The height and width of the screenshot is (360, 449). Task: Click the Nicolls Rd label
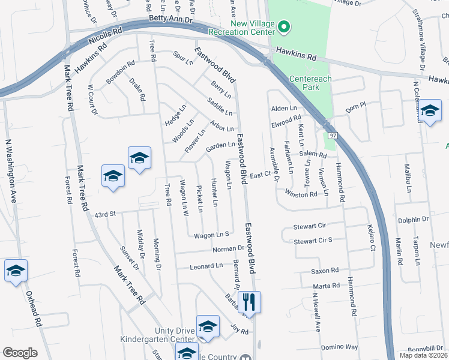pos(106,37)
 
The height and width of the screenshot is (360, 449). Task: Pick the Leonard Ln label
pos(206,266)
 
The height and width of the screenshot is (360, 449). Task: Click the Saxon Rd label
pos(325,271)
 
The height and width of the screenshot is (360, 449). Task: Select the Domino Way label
pos(339,347)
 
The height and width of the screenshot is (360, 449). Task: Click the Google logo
pos(20,353)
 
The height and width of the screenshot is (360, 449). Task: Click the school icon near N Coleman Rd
pos(430,112)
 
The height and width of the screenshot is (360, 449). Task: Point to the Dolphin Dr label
pos(412,220)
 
